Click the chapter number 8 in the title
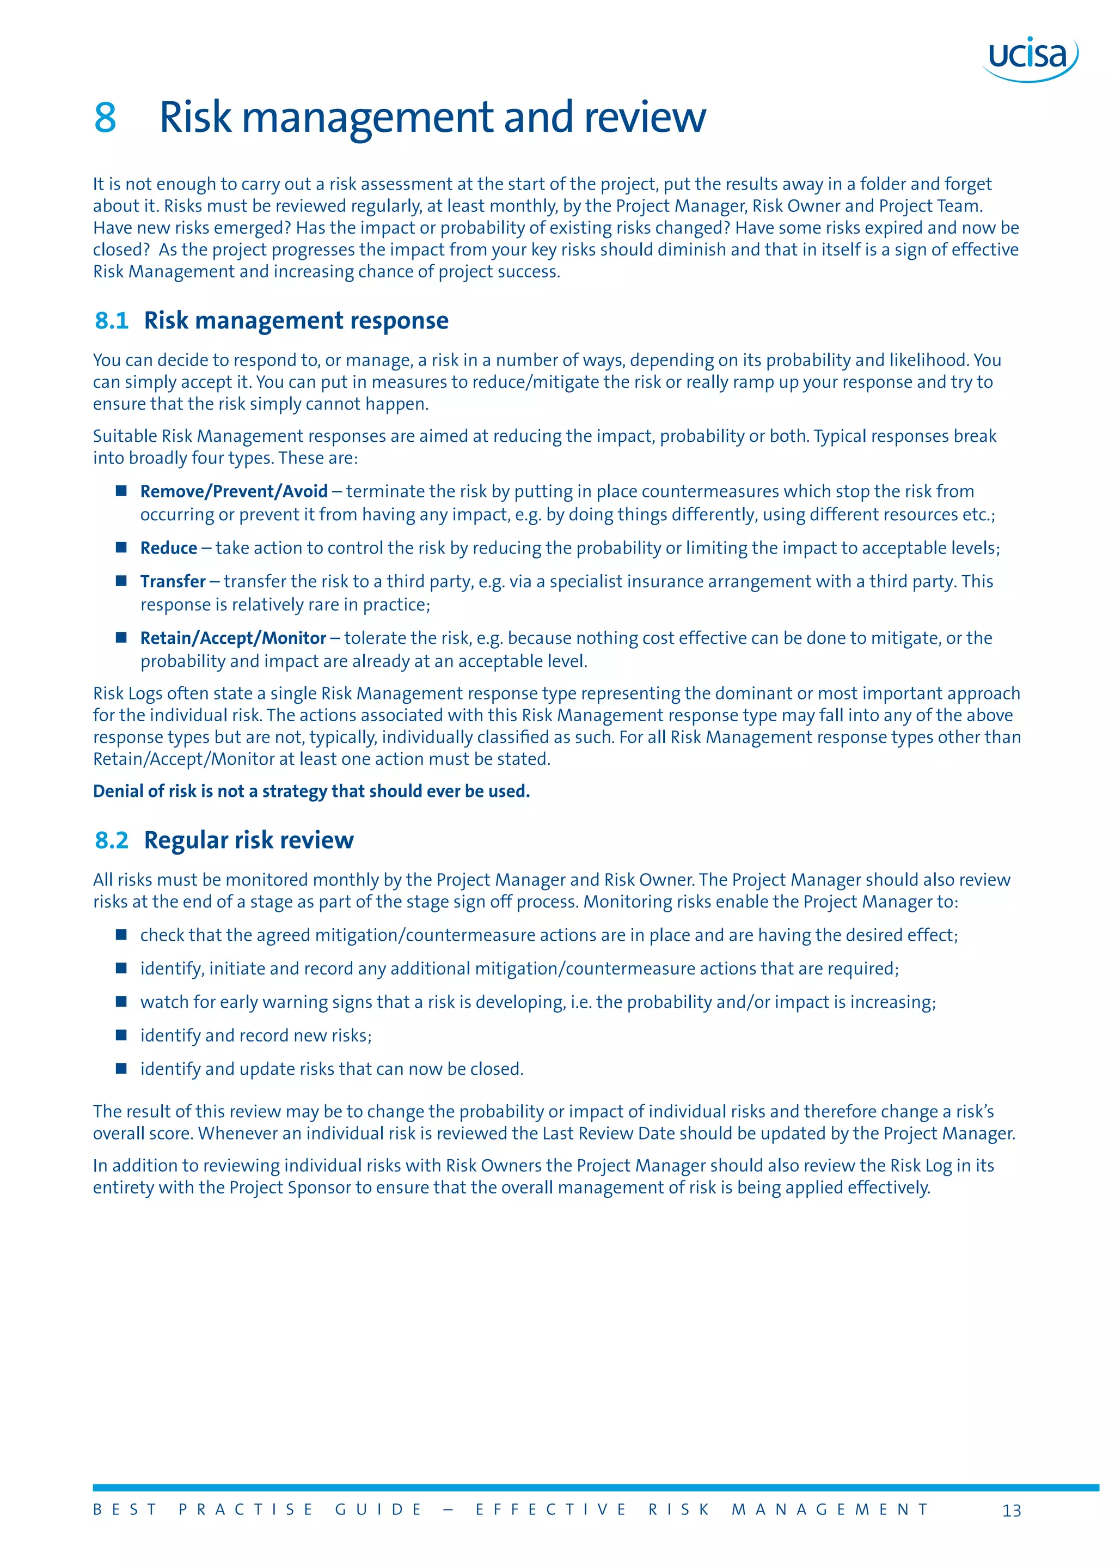tap(105, 118)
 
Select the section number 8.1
tap(111, 321)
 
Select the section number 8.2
tap(111, 840)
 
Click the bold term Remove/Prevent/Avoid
tap(234, 491)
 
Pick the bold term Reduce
tap(168, 548)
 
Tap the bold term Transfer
tap(173, 582)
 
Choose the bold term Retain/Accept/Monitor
tap(233, 638)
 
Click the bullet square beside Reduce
tap(121, 547)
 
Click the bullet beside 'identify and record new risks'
tap(121, 1034)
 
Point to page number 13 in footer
tap(1012, 1511)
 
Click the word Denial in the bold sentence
tap(117, 791)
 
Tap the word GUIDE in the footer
tap(378, 1510)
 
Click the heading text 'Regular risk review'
tap(249, 840)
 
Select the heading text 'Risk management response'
tap(296, 321)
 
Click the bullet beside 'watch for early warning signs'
tap(121, 1002)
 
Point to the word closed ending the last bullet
tap(495, 1069)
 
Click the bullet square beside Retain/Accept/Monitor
tap(121, 637)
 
